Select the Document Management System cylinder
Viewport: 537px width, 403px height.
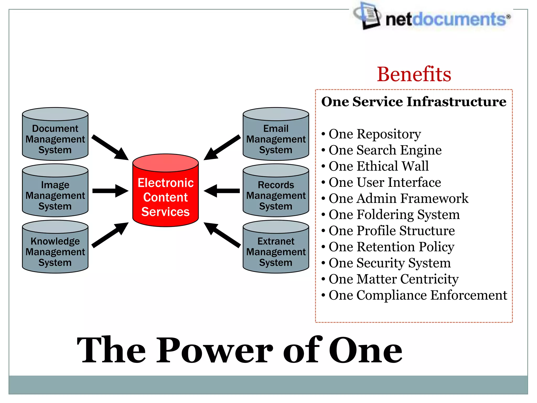(55, 134)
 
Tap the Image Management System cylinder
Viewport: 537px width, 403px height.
(55, 191)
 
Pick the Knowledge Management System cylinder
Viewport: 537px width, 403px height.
(55, 247)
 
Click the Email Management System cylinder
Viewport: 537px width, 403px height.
(276, 134)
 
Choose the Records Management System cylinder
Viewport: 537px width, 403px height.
(276, 191)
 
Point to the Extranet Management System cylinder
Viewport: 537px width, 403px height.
(276, 247)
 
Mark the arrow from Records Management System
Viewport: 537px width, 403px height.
(222, 191)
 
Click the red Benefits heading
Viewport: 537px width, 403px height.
(414, 74)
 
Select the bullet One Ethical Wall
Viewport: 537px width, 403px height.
(378, 166)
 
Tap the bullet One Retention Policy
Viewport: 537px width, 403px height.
(391, 247)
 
